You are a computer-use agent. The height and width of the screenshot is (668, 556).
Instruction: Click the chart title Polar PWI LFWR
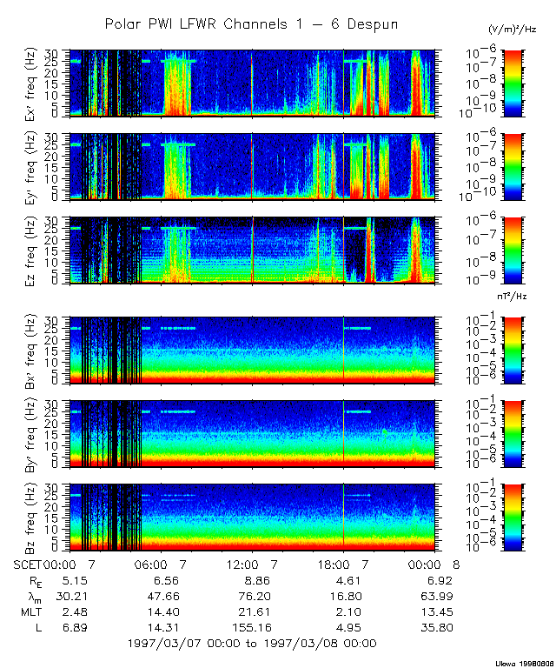[x=251, y=24]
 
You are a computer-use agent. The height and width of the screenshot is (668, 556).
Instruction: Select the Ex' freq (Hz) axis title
[x=30, y=82]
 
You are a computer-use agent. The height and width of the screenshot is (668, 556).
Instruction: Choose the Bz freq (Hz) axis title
[x=30, y=518]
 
